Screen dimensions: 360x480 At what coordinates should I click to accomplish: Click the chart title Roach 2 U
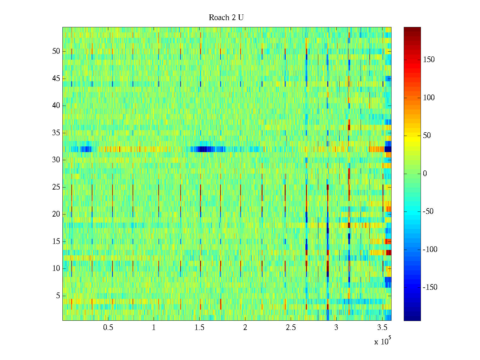(x=226, y=18)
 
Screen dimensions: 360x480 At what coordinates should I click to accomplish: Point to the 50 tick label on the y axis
(x=56, y=51)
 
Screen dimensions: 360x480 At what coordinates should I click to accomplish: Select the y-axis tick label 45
(x=56, y=79)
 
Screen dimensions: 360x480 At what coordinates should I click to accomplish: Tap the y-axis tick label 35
(x=56, y=133)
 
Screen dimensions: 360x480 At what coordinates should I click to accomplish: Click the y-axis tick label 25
(x=56, y=187)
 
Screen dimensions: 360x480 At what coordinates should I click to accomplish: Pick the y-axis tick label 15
(x=56, y=241)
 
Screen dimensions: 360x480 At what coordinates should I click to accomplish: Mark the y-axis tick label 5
(x=58, y=296)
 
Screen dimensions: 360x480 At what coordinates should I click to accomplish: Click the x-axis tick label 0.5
(x=108, y=328)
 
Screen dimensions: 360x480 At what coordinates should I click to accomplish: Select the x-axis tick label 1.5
(x=199, y=328)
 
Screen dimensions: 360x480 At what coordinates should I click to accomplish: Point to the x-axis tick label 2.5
(x=291, y=328)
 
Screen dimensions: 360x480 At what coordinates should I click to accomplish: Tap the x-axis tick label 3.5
(x=382, y=328)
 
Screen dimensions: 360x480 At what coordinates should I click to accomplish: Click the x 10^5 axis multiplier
(x=382, y=341)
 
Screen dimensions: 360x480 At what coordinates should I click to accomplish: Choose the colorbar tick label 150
(x=429, y=60)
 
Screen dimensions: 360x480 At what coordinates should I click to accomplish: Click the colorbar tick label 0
(x=425, y=174)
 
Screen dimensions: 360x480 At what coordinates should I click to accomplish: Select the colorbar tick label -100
(x=430, y=250)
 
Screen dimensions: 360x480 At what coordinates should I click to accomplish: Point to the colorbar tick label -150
(x=430, y=287)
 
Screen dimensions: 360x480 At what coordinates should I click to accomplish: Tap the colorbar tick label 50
(x=427, y=136)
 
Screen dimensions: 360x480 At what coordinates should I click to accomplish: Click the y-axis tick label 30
(x=56, y=160)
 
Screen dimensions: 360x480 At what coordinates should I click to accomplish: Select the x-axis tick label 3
(x=336, y=328)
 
